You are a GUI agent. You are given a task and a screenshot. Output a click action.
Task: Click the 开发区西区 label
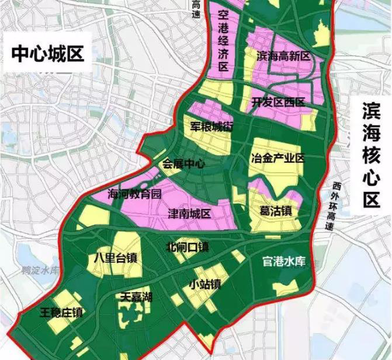coord(279,103)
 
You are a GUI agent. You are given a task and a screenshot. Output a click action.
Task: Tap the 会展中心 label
coord(183,164)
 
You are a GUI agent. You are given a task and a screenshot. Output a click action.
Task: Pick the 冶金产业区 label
coord(277,158)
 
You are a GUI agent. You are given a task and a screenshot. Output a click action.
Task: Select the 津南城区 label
coord(189,213)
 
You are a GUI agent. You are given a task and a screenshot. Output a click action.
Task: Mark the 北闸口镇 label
coord(188,246)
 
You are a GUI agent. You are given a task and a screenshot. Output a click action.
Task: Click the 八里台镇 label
coord(116,257)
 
